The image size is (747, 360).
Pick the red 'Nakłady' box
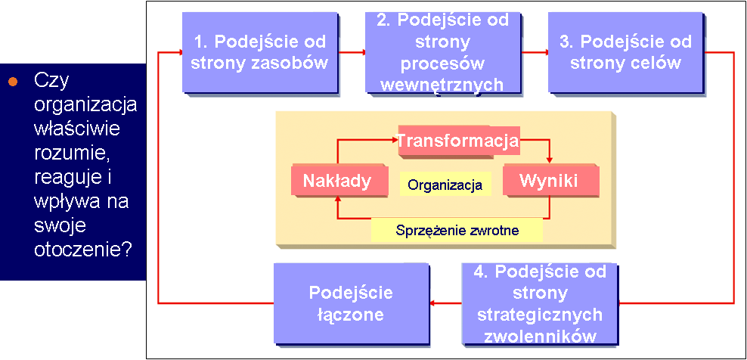tap(336, 181)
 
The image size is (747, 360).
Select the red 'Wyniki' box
tap(550, 181)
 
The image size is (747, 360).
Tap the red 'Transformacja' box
tap(457, 141)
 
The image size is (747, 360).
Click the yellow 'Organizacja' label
tap(445, 184)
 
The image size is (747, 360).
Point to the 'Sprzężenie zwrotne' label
tap(457, 230)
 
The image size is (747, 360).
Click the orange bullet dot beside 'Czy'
tap(13, 81)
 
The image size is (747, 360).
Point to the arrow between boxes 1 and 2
tap(352, 52)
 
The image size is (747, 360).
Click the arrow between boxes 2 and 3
tap(535, 52)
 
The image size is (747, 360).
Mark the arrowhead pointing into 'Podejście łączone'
tap(432, 303)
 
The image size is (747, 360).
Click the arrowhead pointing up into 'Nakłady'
tap(337, 201)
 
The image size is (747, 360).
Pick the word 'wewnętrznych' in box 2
tap(442, 84)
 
